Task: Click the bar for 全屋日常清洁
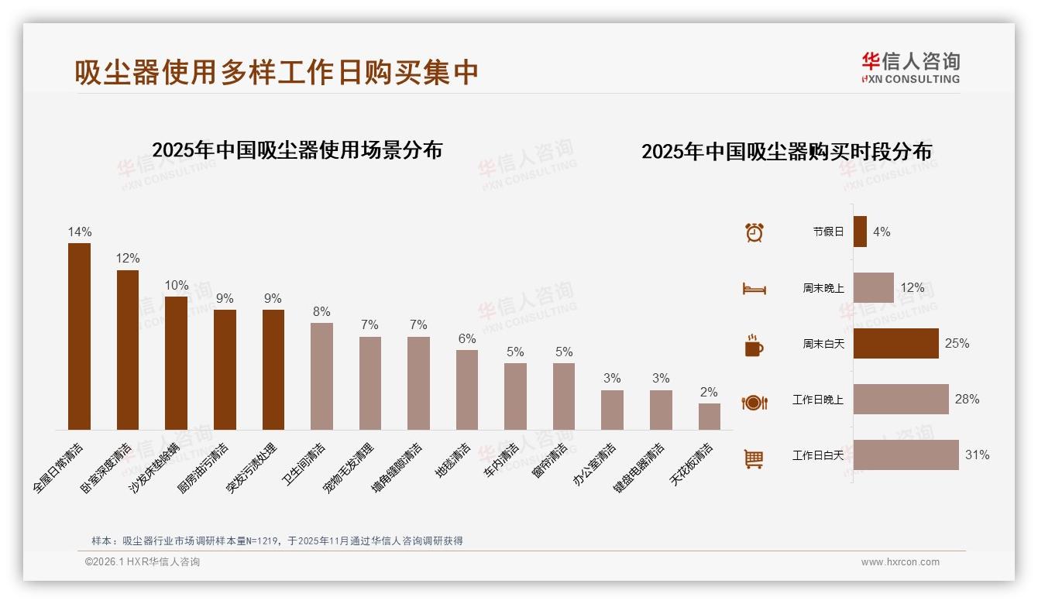tap(79, 336)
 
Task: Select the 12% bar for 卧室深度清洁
tap(128, 349)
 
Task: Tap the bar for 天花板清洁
tap(709, 417)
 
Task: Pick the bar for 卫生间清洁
tap(321, 376)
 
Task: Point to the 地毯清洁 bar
tap(466, 390)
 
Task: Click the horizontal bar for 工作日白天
tap(906, 455)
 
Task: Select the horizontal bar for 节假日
tap(860, 232)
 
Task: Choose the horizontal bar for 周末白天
tap(895, 343)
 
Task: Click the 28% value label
tap(967, 400)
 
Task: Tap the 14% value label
tap(79, 232)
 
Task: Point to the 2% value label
tap(709, 393)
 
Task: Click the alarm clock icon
tap(754, 232)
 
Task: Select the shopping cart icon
tap(754, 458)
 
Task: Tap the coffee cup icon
tap(754, 345)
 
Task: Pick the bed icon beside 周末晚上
tap(754, 289)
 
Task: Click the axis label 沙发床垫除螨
tap(155, 468)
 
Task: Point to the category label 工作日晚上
tap(817, 400)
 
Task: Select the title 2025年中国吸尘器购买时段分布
tap(786, 152)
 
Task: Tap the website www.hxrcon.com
tap(900, 562)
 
